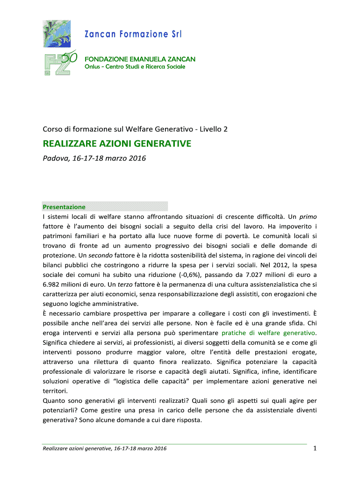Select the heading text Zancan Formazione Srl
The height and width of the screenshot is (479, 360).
(133, 34)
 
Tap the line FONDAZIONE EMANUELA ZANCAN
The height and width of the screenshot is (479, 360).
(139, 59)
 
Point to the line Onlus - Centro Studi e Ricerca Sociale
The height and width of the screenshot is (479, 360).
(135, 66)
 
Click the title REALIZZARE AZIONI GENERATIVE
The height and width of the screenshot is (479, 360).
(117, 144)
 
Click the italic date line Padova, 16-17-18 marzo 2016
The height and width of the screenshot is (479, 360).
(94, 159)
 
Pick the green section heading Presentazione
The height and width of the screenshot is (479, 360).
(64, 207)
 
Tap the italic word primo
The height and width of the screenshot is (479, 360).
(308, 217)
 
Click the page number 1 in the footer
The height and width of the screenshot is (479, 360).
(315, 450)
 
